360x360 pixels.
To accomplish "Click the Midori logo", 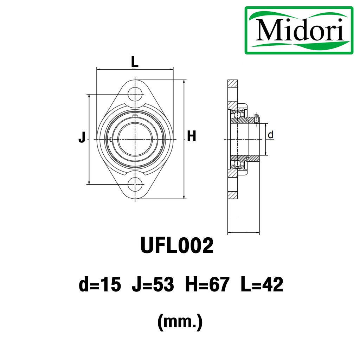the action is [x=299, y=30].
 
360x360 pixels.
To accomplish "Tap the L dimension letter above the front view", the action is [x=135, y=62].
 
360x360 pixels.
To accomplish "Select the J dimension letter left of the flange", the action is [x=82, y=137].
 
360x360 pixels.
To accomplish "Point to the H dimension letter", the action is [x=192, y=136].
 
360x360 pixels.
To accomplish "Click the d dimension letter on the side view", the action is [x=271, y=135].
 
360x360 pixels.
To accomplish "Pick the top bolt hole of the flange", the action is [x=135, y=94].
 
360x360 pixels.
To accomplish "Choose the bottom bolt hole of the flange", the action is [x=135, y=184].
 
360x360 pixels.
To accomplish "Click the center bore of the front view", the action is [x=135, y=139].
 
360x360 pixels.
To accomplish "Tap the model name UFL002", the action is [x=177, y=245].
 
